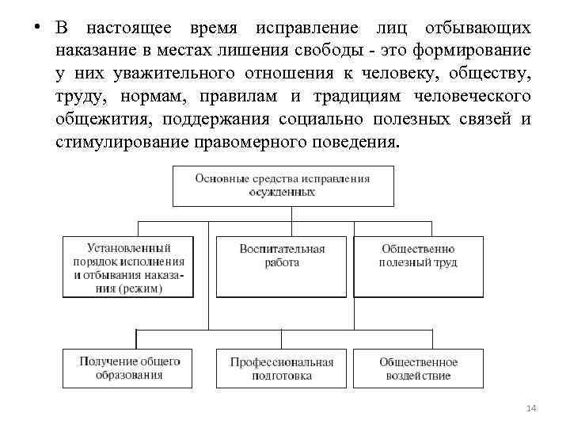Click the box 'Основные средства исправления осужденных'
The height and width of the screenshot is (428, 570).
283,185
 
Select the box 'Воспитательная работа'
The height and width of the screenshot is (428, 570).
282,256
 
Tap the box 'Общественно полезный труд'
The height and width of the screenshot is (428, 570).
418,256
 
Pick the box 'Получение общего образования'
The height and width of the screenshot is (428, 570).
129,369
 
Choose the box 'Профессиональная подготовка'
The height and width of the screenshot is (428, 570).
282,369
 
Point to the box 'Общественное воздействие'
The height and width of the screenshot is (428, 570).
418,369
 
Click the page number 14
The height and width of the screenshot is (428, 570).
531,408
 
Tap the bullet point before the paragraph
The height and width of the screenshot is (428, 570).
36,28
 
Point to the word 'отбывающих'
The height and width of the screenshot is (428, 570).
477,29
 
